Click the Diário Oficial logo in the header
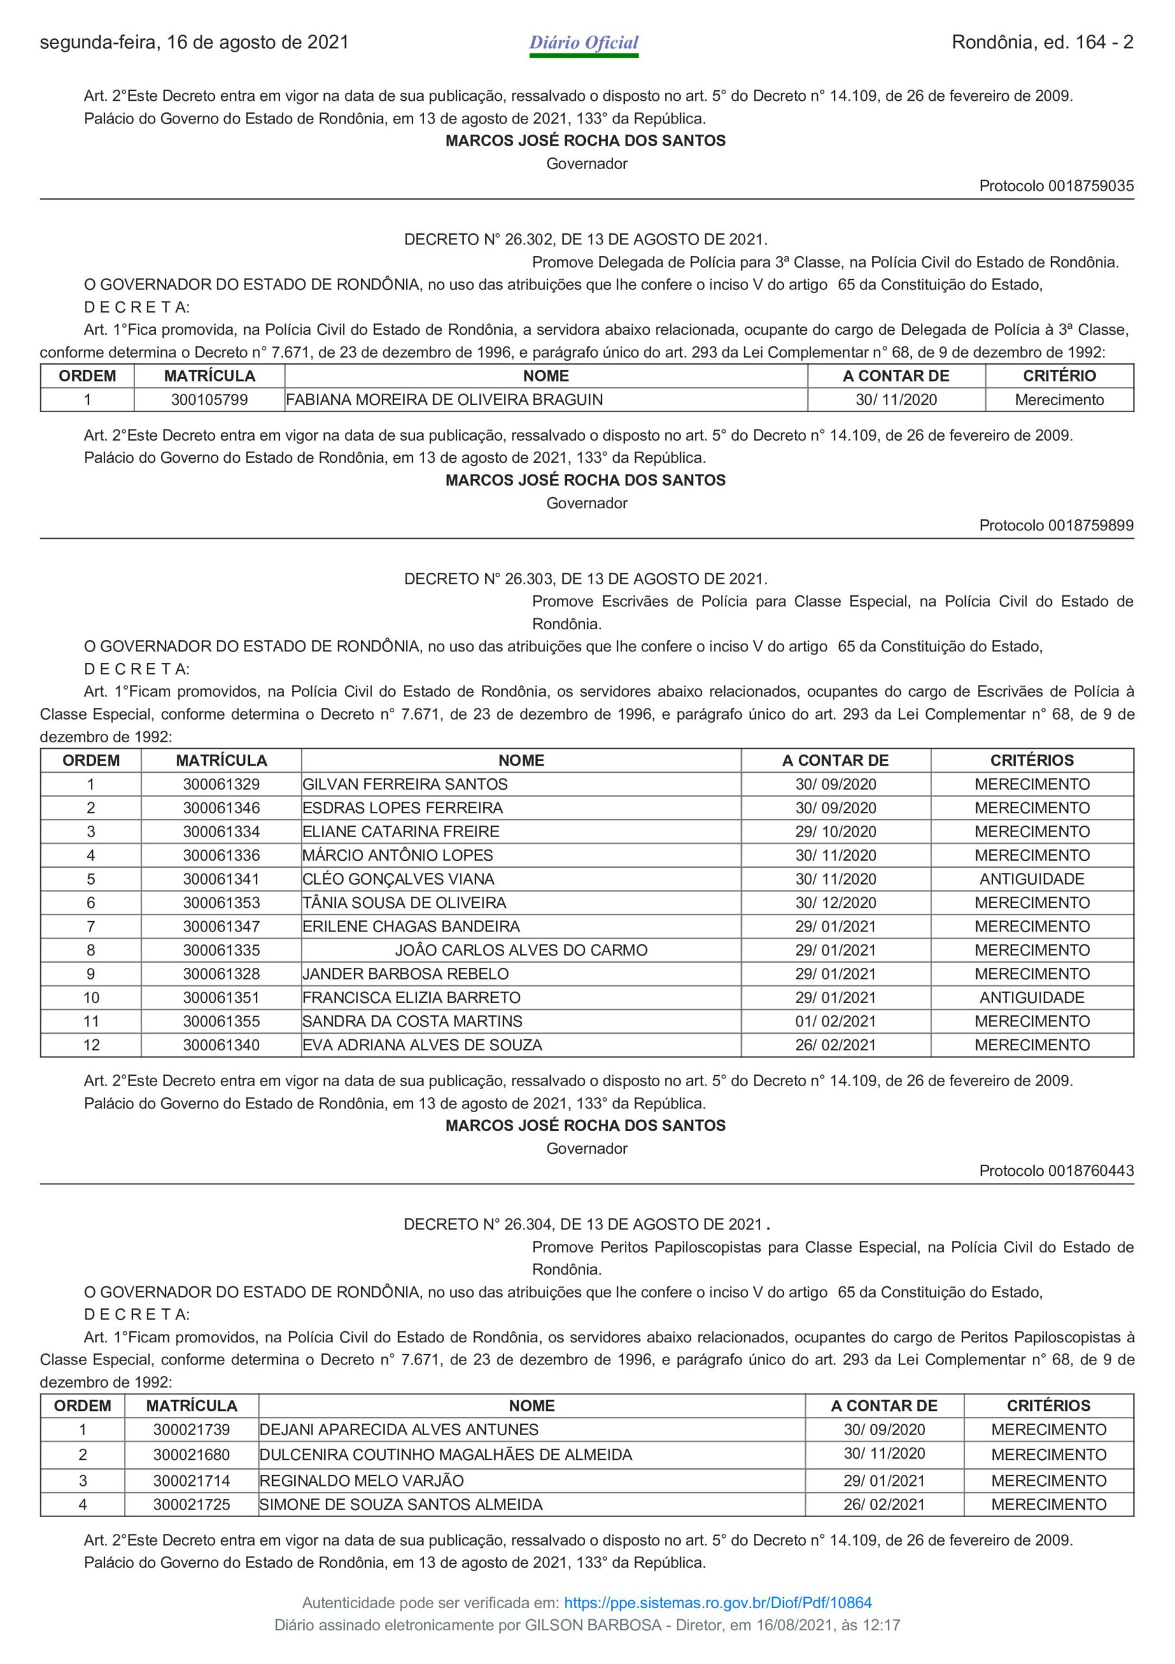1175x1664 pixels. (x=583, y=44)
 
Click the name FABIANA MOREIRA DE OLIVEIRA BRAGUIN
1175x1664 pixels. (x=444, y=399)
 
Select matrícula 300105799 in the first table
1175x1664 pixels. (x=209, y=399)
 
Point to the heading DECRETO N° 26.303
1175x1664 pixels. (x=585, y=579)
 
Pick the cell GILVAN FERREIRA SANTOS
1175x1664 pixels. (x=405, y=784)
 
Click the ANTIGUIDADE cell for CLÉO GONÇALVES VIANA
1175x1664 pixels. (x=1031, y=879)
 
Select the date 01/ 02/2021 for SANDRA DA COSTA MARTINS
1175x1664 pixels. (x=835, y=1021)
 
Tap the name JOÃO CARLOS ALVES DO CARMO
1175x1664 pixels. (x=521, y=950)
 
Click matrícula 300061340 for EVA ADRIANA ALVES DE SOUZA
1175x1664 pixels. (x=221, y=1045)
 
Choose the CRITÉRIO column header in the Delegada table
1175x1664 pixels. (x=1059, y=376)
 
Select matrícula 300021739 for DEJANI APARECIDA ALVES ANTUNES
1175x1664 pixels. (x=191, y=1430)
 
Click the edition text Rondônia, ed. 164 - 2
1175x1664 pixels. (x=1042, y=43)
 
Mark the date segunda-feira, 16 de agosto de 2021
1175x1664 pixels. (x=194, y=43)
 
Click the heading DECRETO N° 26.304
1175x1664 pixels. (x=585, y=1224)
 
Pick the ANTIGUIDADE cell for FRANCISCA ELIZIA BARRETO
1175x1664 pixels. (x=1031, y=997)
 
